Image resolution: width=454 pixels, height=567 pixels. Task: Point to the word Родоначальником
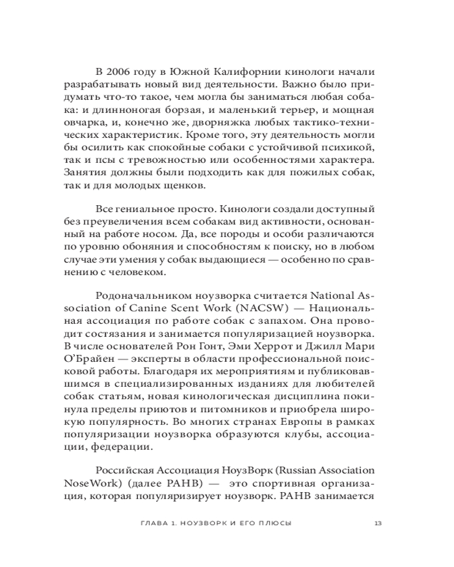(x=141, y=296)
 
